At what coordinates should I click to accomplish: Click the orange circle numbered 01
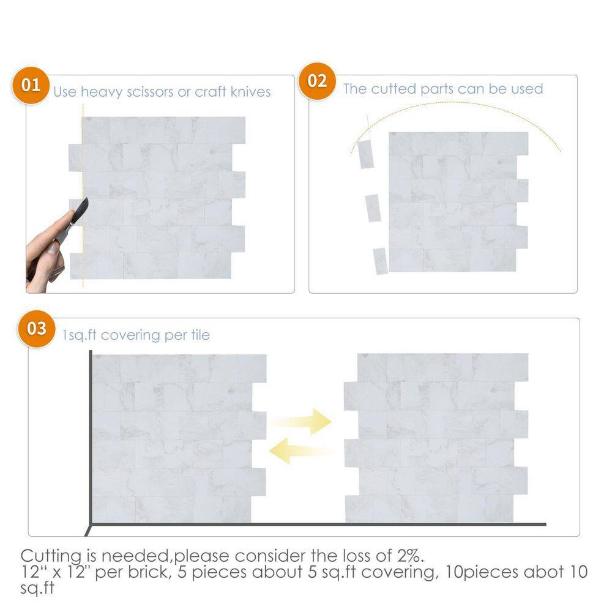31,85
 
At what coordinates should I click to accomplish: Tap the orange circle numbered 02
317,81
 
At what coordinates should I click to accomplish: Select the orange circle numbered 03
36,328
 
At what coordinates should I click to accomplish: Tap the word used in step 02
527,89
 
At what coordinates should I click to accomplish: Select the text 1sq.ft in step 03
79,335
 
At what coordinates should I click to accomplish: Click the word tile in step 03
200,335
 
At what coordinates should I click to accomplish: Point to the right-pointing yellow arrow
302,422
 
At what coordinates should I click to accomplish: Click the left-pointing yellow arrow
300,451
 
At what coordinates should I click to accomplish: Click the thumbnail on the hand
51,248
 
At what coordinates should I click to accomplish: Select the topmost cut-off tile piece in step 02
366,154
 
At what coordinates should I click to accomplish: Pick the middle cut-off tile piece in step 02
373,208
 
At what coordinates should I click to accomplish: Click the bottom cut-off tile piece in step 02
380,261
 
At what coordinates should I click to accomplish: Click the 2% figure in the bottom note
410,555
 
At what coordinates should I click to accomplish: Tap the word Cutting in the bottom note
51,556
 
